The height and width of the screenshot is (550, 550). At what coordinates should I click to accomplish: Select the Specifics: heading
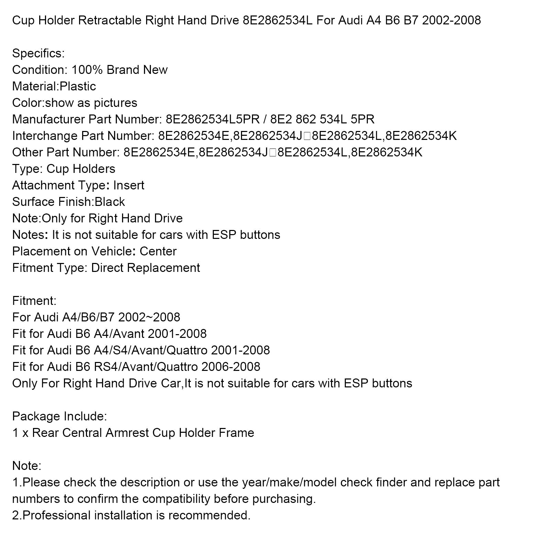pos(38,54)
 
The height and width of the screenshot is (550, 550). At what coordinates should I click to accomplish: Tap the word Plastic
pos(78,86)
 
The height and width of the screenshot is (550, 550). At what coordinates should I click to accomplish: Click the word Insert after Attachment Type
pos(129,185)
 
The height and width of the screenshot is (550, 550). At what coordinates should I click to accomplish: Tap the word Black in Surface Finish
pos(110,202)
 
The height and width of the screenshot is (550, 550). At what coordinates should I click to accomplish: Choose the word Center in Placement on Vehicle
pos(158,251)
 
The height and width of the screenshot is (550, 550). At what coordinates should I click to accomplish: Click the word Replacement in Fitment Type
pos(163,268)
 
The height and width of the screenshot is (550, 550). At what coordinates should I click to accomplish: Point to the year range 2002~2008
pos(149,317)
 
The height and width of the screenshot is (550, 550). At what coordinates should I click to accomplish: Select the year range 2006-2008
pos(231,367)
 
